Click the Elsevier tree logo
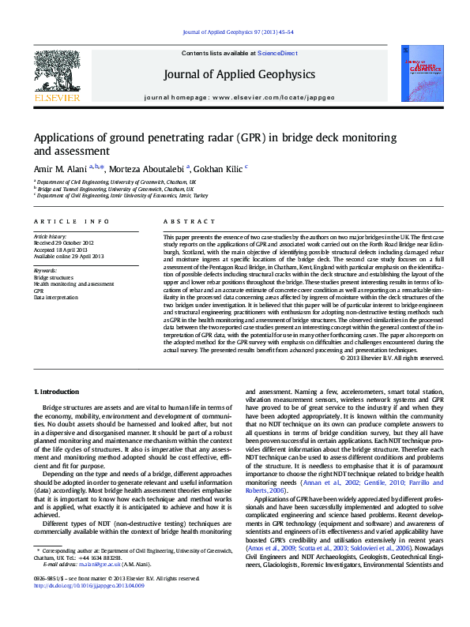pyautogui.click(x=57, y=73)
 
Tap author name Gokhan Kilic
pyautogui.click(x=216, y=168)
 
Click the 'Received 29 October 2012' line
pyautogui.click(x=63, y=242)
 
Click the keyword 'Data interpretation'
pyautogui.click(x=56, y=297)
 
